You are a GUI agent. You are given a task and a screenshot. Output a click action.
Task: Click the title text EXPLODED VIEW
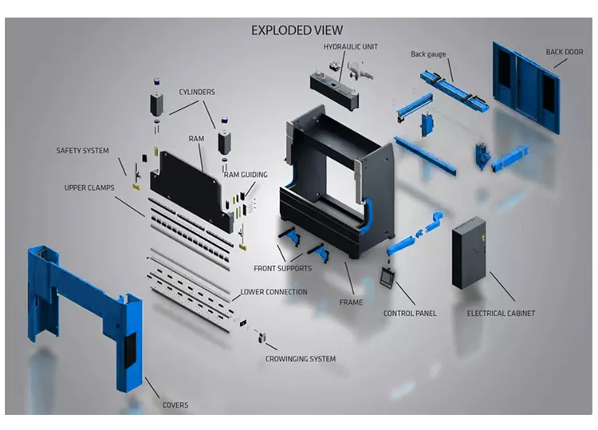pyautogui.click(x=297, y=30)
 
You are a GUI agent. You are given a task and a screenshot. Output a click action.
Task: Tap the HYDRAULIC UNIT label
pyautogui.click(x=350, y=47)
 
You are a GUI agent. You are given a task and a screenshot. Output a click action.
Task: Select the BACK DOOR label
pyautogui.click(x=564, y=53)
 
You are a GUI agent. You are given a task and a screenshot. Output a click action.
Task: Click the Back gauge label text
pyautogui.click(x=428, y=54)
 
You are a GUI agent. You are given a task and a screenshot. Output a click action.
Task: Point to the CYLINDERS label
pyautogui.click(x=196, y=92)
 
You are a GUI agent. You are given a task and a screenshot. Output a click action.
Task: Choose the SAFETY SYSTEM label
pyautogui.click(x=82, y=150)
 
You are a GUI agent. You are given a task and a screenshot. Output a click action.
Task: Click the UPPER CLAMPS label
pyautogui.click(x=89, y=188)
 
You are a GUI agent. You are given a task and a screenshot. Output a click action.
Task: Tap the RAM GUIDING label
pyautogui.click(x=246, y=175)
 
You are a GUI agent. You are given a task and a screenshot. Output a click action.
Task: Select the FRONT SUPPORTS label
pyautogui.click(x=282, y=268)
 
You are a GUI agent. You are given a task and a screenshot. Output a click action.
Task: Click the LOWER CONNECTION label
pyautogui.click(x=273, y=292)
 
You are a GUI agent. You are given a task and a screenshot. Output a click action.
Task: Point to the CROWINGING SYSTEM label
pyautogui.click(x=300, y=359)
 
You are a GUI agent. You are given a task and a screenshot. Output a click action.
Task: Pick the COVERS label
pyautogui.click(x=175, y=405)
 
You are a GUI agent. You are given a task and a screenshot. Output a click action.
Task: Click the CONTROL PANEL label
pyautogui.click(x=410, y=314)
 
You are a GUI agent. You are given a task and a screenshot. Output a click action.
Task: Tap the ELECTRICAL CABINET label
pyautogui.click(x=501, y=314)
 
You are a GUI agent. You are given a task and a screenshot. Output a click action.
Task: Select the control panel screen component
pyautogui.click(x=388, y=276)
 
